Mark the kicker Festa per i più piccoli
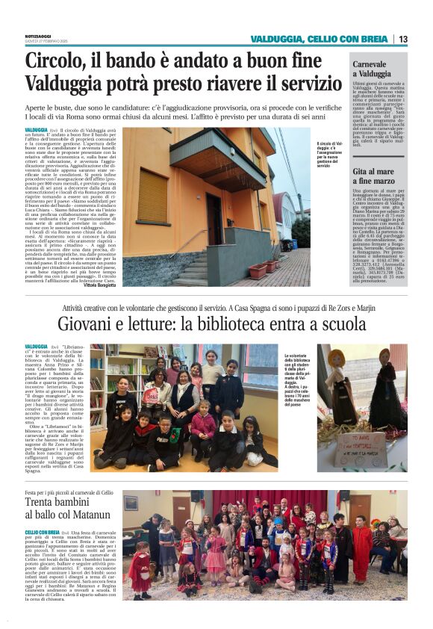(69, 493)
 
